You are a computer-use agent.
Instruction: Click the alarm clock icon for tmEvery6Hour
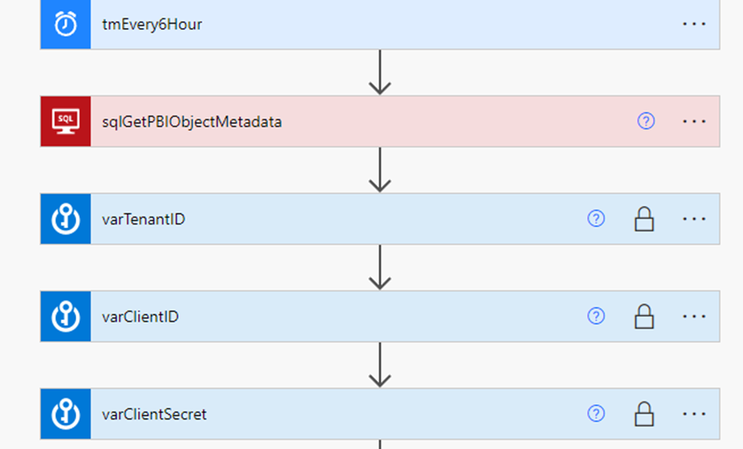66,24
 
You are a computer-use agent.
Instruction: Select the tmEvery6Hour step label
152,25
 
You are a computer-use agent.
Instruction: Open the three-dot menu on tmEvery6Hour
694,24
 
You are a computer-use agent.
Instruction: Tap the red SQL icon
66,121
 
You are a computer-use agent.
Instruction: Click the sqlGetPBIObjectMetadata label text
192,122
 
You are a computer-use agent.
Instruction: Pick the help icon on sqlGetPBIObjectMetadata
646,121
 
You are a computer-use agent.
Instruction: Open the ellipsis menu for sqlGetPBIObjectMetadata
694,121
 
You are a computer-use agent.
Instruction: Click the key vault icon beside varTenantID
66,219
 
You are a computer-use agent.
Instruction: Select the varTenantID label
144,219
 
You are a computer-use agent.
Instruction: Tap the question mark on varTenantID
596,218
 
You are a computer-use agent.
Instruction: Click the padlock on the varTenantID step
644,219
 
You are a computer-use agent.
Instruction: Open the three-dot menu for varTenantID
694,219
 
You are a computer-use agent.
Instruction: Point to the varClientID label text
140,317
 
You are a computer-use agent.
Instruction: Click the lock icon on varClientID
644,317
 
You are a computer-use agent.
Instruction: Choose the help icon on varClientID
596,316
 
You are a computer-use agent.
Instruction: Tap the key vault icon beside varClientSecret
66,414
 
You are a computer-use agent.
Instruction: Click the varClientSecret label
154,415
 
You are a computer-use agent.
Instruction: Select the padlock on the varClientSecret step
644,415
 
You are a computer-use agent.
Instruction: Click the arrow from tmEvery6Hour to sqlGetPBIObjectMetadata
380,72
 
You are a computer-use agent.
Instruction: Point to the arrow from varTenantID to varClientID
380,267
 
